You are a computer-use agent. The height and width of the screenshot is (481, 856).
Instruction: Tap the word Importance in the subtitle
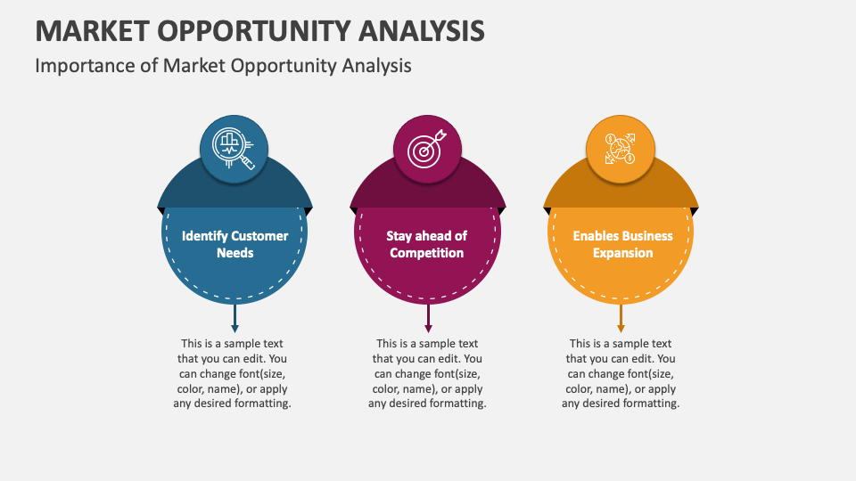pyautogui.click(x=78, y=65)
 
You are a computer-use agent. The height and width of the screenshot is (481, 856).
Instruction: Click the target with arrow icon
pyautogui.click(x=427, y=147)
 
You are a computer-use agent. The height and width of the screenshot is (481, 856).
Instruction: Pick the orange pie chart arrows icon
pyautogui.click(x=620, y=147)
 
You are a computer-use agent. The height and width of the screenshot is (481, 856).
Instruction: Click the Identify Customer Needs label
pyautogui.click(x=235, y=244)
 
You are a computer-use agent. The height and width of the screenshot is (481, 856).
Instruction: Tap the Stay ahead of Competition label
pyautogui.click(x=427, y=244)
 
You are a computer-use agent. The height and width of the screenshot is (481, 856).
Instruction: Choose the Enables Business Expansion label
pyautogui.click(x=622, y=244)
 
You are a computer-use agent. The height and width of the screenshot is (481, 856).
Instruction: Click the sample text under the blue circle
pyautogui.click(x=232, y=373)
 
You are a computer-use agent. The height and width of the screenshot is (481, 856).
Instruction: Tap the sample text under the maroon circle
pyautogui.click(x=427, y=373)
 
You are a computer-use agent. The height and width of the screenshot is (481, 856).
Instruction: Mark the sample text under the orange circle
pyautogui.click(x=621, y=373)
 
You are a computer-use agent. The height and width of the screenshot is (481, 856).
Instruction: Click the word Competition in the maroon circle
pyautogui.click(x=427, y=253)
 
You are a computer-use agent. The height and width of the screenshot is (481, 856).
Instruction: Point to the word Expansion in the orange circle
pyautogui.click(x=622, y=253)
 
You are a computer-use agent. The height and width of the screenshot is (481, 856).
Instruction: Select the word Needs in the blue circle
pyautogui.click(x=235, y=253)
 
